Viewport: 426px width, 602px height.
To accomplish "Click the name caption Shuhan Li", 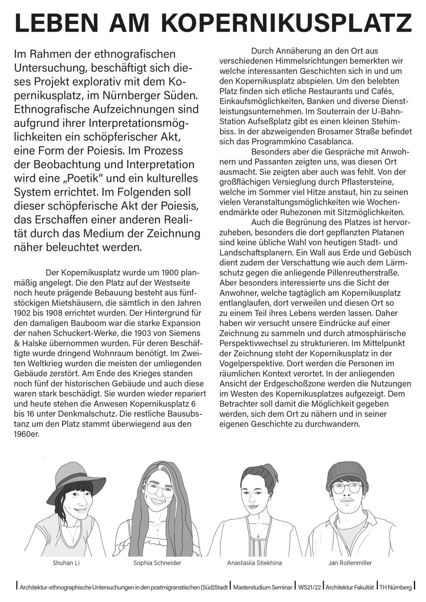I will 66,563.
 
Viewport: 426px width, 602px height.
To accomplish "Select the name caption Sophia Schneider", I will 157,563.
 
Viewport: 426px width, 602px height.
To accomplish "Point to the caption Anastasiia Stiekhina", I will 254,563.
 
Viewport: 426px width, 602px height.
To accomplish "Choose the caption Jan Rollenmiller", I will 350,563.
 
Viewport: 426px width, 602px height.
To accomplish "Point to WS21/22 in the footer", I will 309,587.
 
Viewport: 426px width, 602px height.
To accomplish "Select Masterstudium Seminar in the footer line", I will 262,587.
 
